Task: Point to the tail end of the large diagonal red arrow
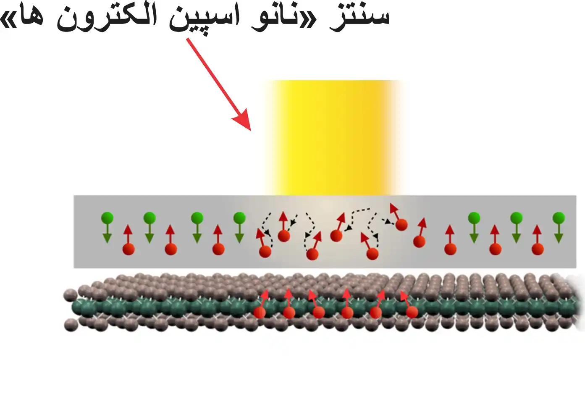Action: (187, 39)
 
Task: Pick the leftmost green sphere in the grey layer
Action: (108, 218)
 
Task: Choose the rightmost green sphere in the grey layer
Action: (559, 218)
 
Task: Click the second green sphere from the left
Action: (150, 218)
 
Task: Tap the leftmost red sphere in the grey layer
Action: (129, 249)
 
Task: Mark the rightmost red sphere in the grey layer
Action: (538, 249)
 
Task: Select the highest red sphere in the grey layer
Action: (401, 225)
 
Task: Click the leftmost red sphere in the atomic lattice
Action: (260, 312)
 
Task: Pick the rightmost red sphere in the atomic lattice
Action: (412, 312)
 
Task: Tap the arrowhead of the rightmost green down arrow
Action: (559, 239)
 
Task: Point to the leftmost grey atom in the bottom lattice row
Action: (71, 326)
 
